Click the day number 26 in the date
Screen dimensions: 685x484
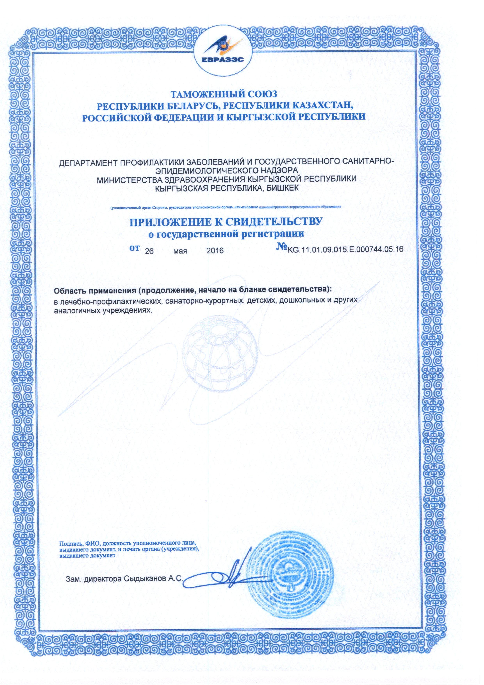click(149, 251)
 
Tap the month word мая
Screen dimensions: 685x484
click(180, 251)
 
